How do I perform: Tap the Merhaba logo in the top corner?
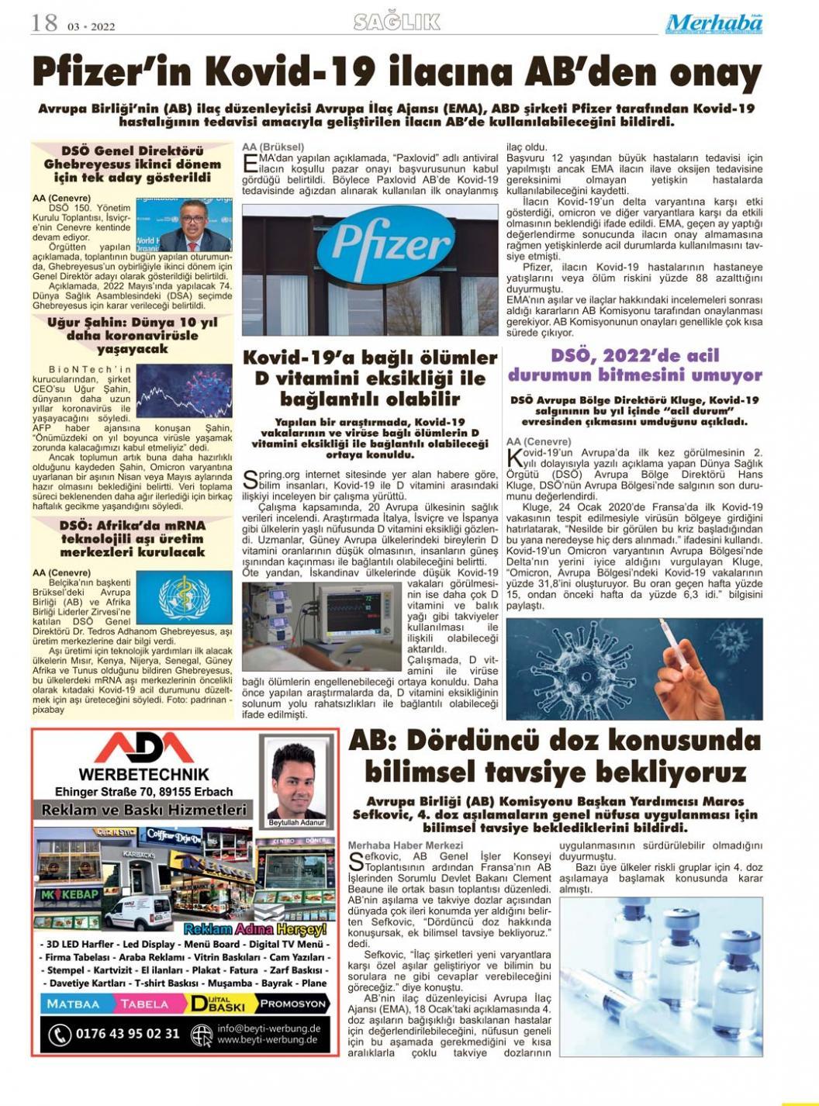(714, 24)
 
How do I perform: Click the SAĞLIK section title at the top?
(397, 22)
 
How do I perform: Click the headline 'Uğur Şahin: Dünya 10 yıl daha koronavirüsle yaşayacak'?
(132, 335)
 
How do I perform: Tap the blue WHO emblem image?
(184, 596)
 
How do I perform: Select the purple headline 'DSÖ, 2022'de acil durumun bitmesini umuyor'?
(634, 365)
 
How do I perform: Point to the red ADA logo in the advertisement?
(143, 748)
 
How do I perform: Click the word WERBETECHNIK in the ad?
(143, 774)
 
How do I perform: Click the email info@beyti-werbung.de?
(268, 1028)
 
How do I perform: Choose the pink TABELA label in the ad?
(143, 1004)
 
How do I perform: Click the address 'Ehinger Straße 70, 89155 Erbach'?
(143, 792)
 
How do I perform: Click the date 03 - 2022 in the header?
(92, 27)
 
